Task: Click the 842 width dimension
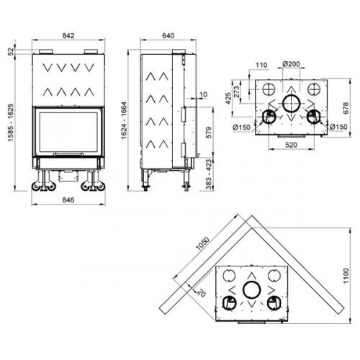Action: [x=68, y=36]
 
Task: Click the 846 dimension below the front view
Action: [x=68, y=199]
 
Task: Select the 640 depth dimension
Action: [x=168, y=36]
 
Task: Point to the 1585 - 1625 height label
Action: [x=11, y=122]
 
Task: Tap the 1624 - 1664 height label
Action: [x=124, y=120]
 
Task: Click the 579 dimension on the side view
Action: [x=209, y=132]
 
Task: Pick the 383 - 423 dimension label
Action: [x=209, y=174]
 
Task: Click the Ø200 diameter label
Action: [x=291, y=64]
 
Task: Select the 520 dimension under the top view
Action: [x=291, y=145]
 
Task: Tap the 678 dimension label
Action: [x=346, y=108]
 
